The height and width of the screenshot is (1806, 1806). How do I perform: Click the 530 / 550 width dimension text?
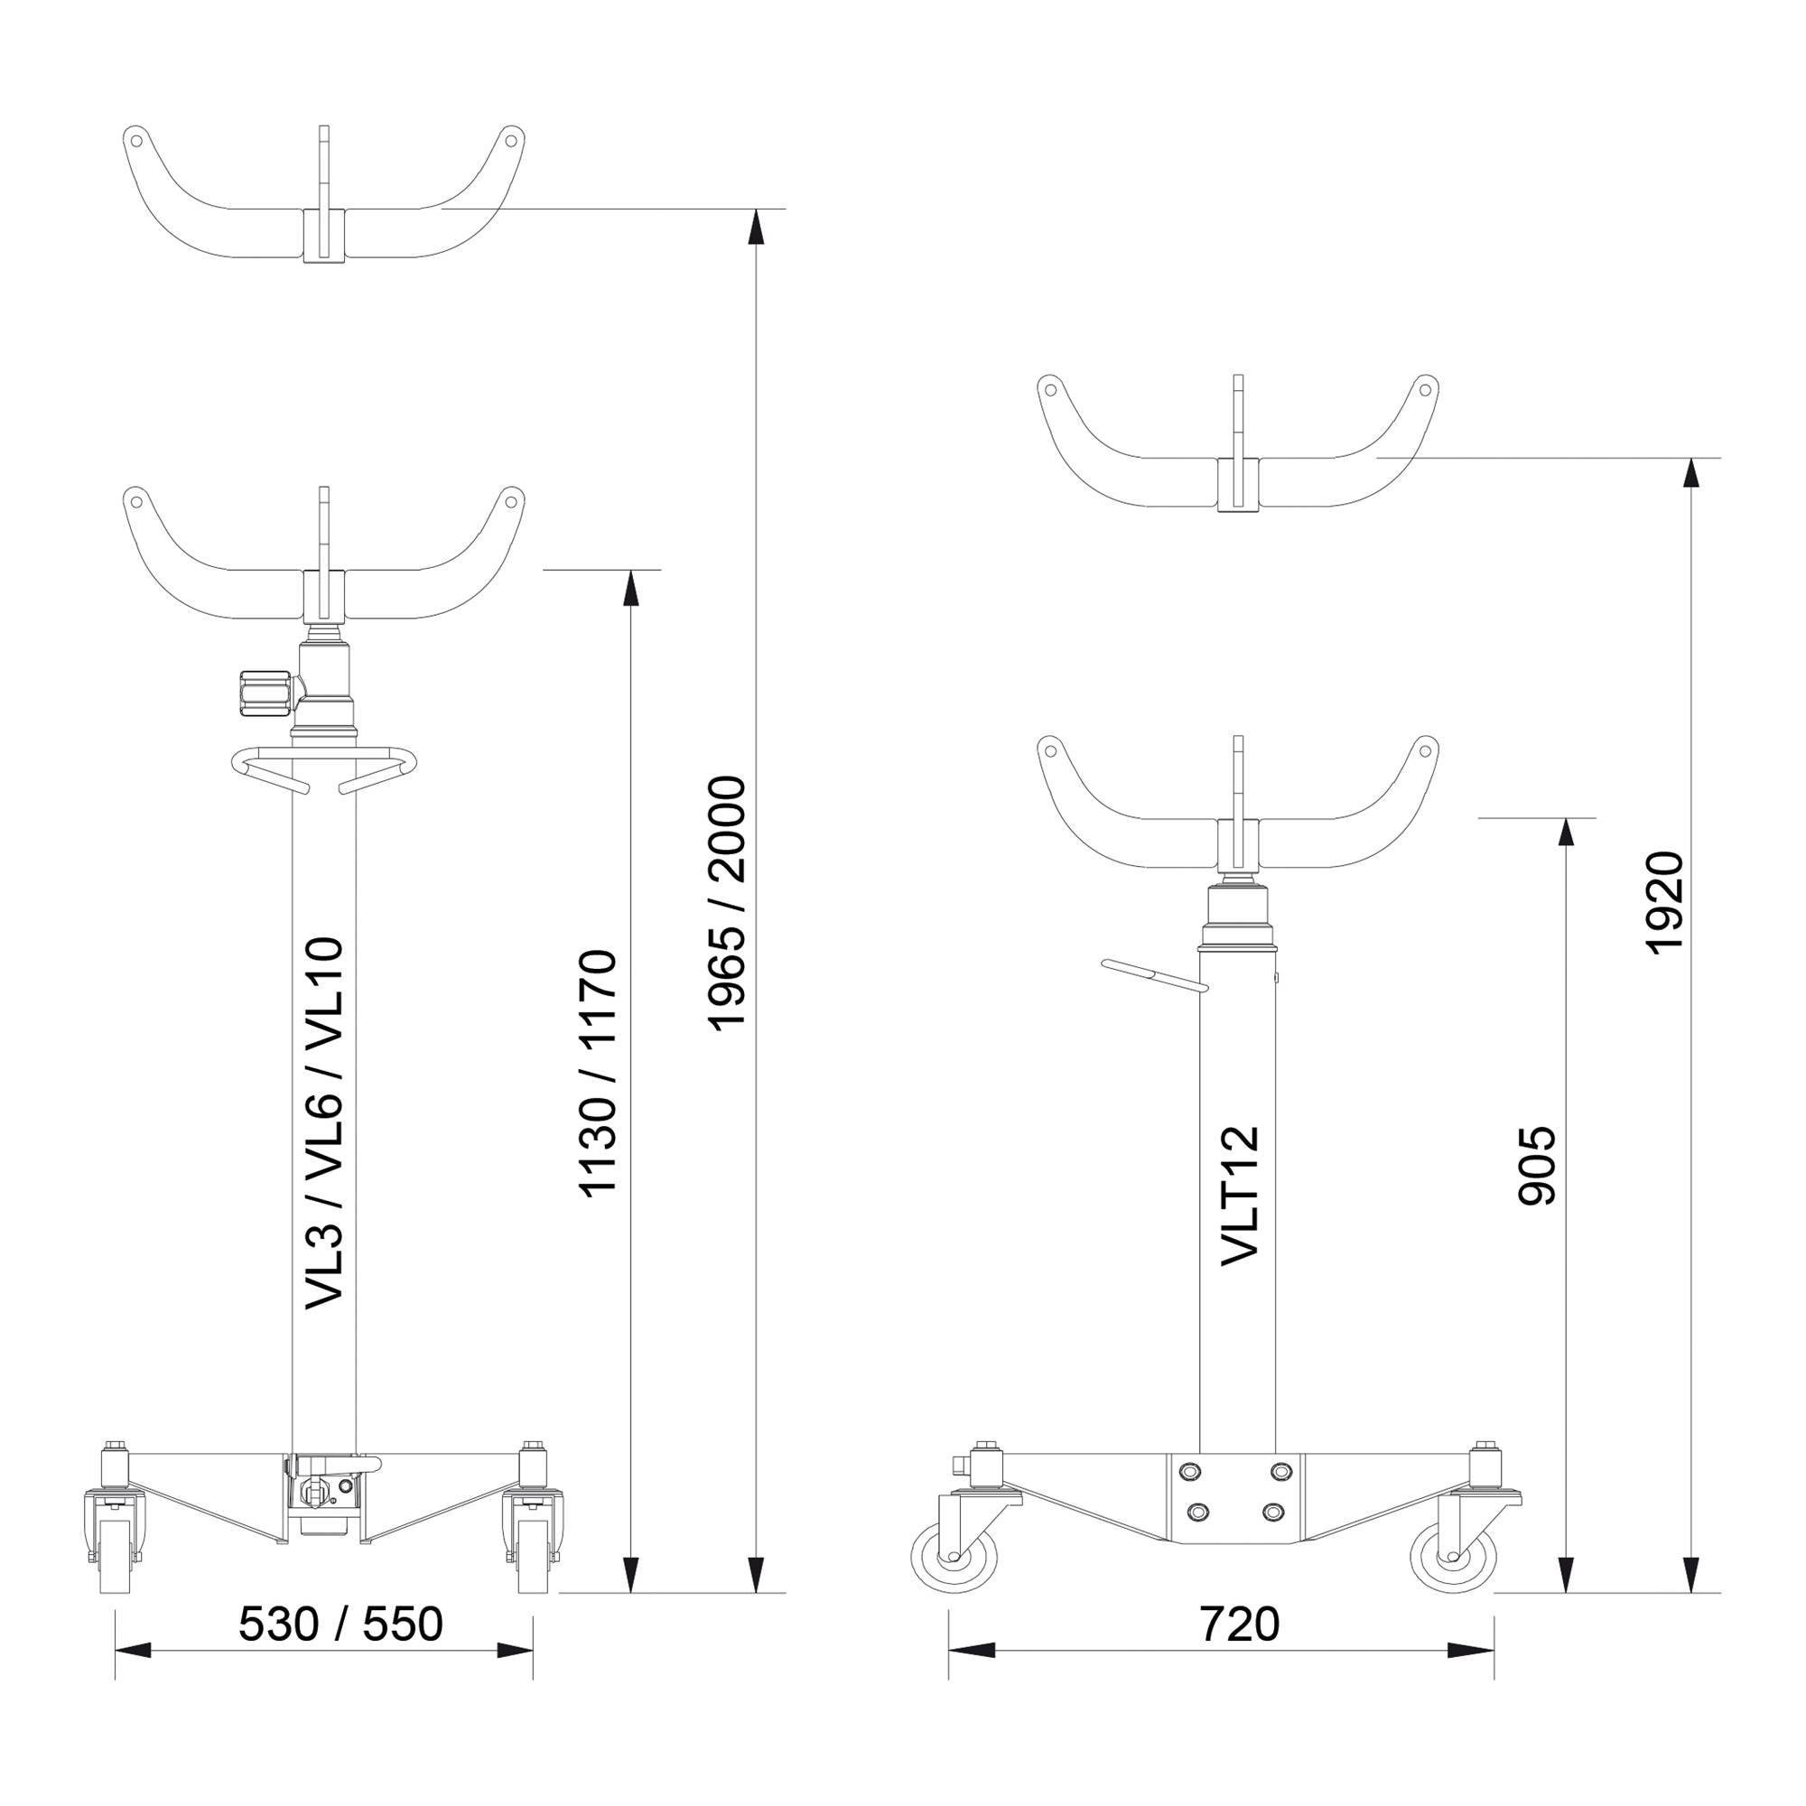(x=340, y=1624)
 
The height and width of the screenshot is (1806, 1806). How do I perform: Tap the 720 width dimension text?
(x=1240, y=1624)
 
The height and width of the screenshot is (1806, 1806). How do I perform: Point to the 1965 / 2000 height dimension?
(x=727, y=903)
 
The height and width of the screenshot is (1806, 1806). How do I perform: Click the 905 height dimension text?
(x=1537, y=1166)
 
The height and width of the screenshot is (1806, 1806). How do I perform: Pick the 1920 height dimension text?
(x=1664, y=903)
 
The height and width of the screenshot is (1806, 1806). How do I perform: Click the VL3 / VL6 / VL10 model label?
(x=325, y=1123)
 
